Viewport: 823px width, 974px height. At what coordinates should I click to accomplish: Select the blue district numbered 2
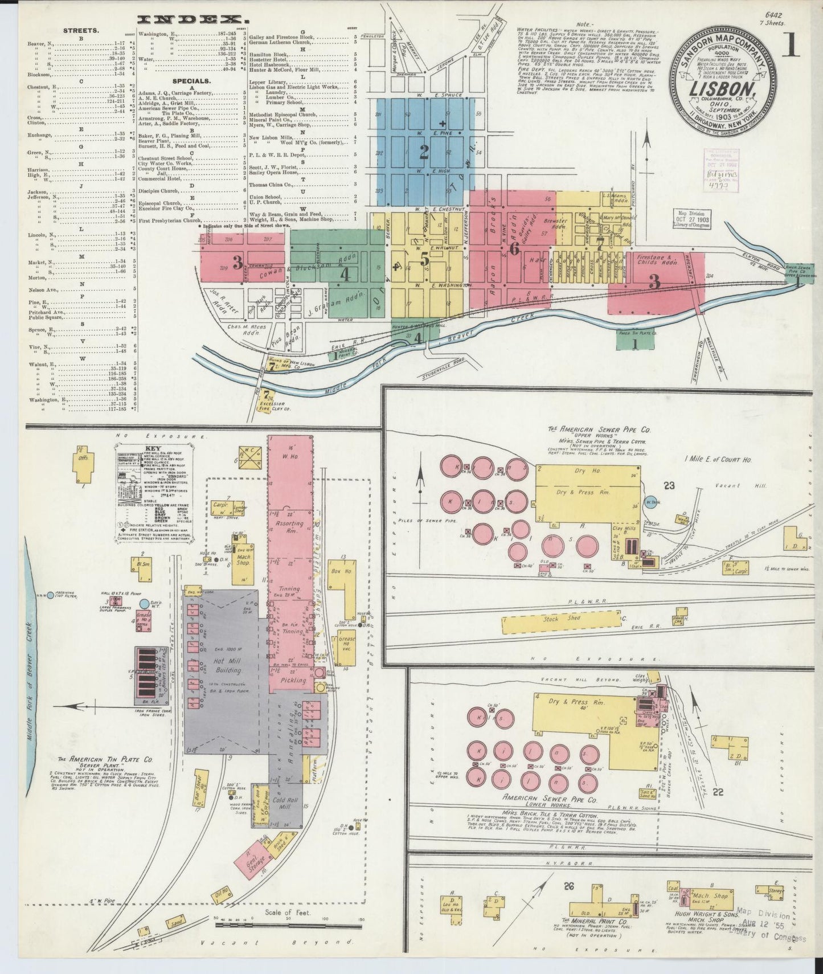424,152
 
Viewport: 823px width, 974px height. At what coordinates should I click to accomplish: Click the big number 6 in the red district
514,248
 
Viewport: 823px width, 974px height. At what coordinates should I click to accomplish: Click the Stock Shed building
560,619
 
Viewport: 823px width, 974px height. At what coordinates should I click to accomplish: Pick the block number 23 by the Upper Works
669,485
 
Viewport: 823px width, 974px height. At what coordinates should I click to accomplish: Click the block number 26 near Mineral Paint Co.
568,885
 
